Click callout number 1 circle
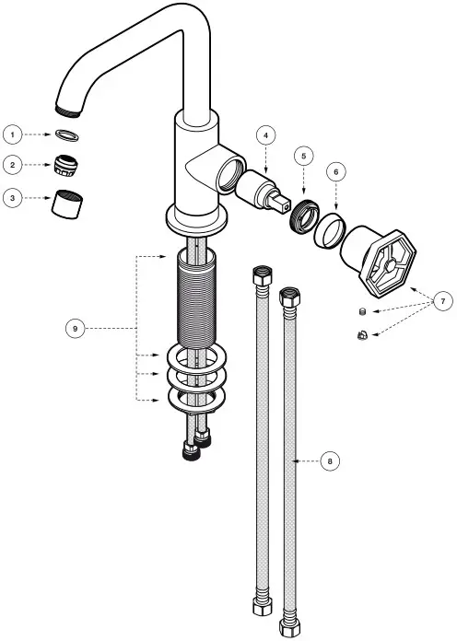[12, 134]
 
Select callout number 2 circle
[12, 165]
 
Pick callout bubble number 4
[264, 134]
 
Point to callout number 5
[304, 156]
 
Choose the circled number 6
[336, 171]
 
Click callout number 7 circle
[441, 300]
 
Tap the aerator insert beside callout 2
[66, 166]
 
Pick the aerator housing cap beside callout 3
[67, 201]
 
